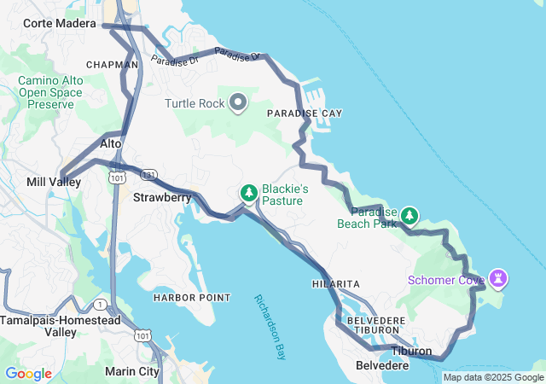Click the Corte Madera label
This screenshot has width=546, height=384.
(60, 24)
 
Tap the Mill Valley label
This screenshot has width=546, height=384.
(54, 183)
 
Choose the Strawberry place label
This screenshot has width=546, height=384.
(162, 197)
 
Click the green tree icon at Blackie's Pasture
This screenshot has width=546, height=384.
(249, 194)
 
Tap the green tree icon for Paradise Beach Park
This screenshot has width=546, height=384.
(410, 215)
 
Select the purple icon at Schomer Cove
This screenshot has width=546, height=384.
(497, 278)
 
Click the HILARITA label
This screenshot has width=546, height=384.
(336, 283)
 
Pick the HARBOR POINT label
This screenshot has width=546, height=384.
(192, 298)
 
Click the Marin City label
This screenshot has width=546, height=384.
(131, 371)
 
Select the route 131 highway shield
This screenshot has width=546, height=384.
(148, 175)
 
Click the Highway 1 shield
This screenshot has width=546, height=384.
(102, 305)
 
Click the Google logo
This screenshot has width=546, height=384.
(28, 374)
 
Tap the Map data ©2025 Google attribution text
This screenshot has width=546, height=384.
(492, 377)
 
